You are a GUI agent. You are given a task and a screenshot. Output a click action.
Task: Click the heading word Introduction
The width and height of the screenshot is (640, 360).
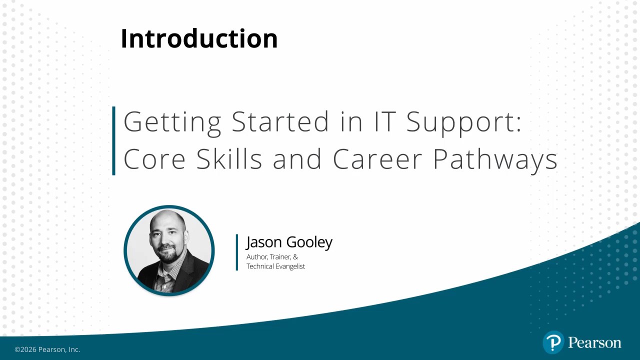tap(199, 38)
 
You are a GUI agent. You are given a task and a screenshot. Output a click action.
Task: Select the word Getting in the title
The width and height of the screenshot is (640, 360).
tap(172, 123)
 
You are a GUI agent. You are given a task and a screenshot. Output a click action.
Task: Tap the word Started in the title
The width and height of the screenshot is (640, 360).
tap(280, 121)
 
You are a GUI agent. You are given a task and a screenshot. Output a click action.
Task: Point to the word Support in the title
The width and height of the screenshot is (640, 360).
tap(463, 123)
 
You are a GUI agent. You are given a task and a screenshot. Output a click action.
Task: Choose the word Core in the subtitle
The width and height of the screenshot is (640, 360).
tap(154, 159)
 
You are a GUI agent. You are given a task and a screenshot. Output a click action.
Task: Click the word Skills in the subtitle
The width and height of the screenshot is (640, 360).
tap(229, 158)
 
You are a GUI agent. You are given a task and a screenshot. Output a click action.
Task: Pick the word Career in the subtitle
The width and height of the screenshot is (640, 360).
tap(377, 159)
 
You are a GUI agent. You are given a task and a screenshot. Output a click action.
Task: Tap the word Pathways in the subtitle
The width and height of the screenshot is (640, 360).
tap(495, 160)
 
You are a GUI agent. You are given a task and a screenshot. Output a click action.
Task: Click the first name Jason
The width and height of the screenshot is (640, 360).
tap(263, 242)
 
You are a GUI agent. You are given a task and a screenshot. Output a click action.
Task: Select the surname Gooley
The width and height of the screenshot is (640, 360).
tap(309, 243)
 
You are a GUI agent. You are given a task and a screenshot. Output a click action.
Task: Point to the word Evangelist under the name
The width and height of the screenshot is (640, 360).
tap(288, 266)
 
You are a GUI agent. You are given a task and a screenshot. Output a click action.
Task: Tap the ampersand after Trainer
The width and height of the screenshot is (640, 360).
tap(295, 257)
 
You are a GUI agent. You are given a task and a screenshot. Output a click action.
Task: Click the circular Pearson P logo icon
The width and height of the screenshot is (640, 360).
tap(553, 342)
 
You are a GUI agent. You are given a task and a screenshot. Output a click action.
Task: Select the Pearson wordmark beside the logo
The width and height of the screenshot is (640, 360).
tap(594, 342)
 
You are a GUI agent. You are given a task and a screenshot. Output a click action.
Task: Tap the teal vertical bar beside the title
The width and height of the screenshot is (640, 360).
tap(113, 140)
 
